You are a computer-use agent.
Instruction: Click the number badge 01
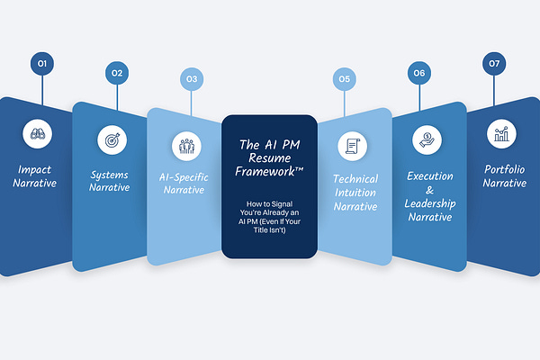[x=41, y=63]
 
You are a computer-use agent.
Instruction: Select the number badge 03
[x=192, y=79]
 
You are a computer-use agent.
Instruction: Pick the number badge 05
[x=345, y=79]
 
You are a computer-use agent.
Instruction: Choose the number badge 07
[x=494, y=63]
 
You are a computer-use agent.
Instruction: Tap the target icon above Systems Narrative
[x=111, y=139]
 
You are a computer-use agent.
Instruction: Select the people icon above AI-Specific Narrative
[x=187, y=145]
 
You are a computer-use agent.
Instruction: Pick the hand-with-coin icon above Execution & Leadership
[x=425, y=139]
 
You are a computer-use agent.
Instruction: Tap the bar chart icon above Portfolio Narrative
[x=500, y=133]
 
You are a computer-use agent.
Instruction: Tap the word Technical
[x=355, y=179]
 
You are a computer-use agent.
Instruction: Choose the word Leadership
[x=430, y=203]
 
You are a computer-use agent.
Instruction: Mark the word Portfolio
[x=504, y=169]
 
